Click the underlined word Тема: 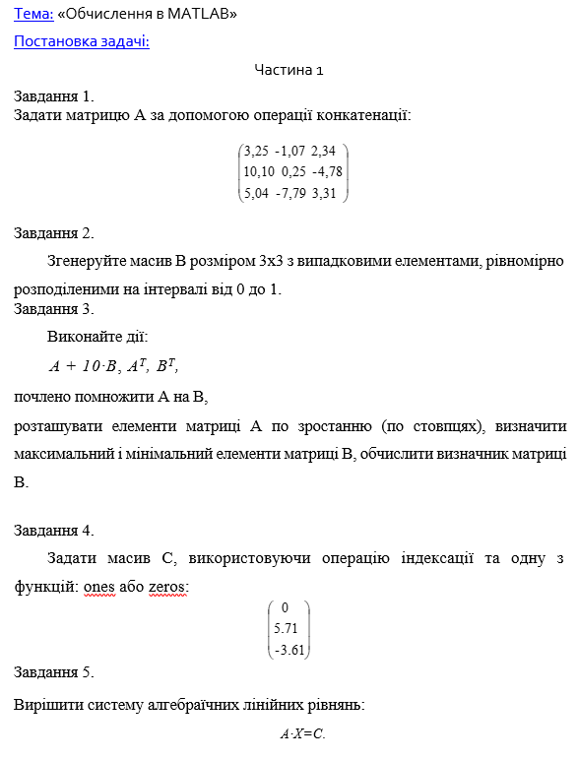point(32,16)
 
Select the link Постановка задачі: point(81,42)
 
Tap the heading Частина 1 point(289,70)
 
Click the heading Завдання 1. point(54,96)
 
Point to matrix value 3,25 point(256,151)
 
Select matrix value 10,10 point(259,171)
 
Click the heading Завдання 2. point(54,233)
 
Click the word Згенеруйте point(87,261)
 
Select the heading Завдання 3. point(54,309)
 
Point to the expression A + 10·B point(84,367)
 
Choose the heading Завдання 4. point(54,531)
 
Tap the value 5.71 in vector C point(286,628)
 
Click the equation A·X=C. point(302,734)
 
